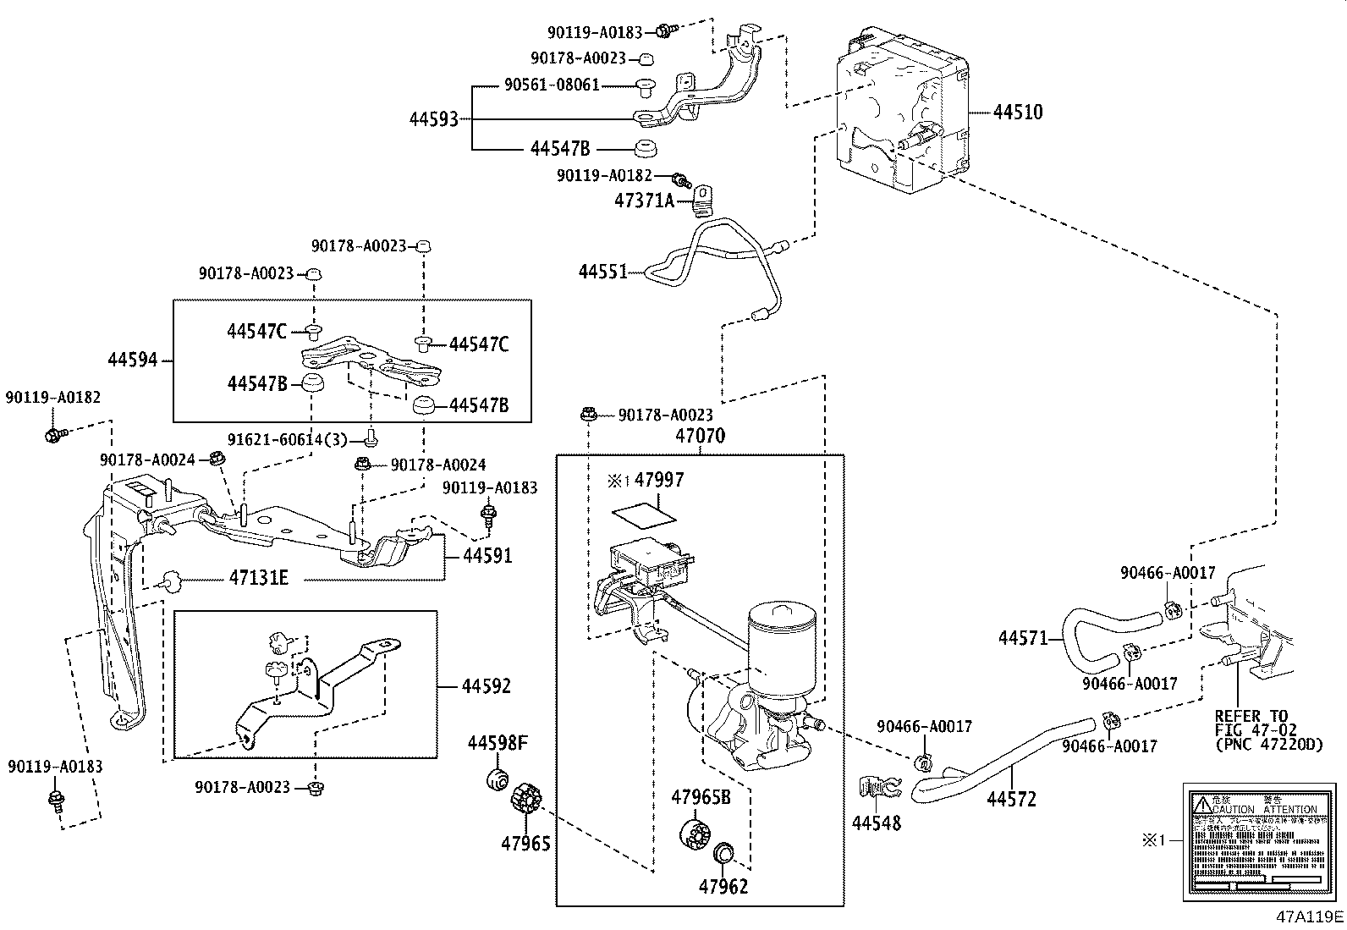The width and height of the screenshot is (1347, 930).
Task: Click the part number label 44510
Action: [x=1017, y=112]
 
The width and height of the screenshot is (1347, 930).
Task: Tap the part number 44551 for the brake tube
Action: [x=602, y=272]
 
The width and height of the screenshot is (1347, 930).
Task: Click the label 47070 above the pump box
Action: [x=700, y=437]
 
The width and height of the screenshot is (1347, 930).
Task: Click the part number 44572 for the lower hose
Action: [x=1010, y=799]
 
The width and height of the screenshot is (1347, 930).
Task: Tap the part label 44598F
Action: [x=498, y=744]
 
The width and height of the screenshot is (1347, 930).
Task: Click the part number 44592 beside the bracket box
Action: [x=487, y=686]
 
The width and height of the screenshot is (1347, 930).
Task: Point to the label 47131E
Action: [x=259, y=579]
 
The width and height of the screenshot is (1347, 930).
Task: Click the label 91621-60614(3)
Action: [x=288, y=439]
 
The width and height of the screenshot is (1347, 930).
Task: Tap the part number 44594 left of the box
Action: [x=133, y=360]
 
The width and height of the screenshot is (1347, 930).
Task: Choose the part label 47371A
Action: [x=644, y=201]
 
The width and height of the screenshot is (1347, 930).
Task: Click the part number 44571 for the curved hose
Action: [x=1023, y=637]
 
